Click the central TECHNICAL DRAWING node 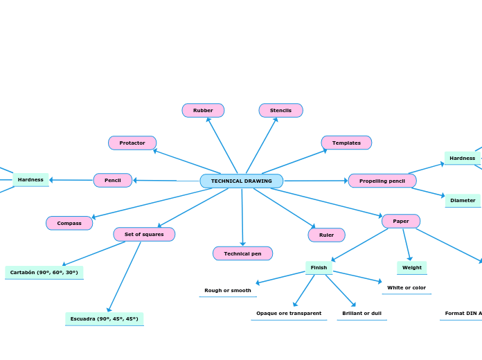pos(242,181)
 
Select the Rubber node pos(203,110)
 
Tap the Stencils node pos(280,110)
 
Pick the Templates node pos(346,143)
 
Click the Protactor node pos(132,143)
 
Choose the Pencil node pos(113,180)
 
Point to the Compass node pos(69,223)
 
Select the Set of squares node pos(144,234)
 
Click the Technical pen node pos(242,253)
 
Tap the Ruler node pos(326,235)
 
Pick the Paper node pos(401,221)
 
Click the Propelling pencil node pos(382,181)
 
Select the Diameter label pos(463,200)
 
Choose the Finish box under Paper pos(319,267)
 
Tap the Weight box pos(412,267)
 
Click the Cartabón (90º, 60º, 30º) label pos(44,272)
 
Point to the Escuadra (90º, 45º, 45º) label pos(105,318)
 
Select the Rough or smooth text pos(228,290)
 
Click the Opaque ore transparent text pos(289,313)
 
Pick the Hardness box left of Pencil pos(30,179)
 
